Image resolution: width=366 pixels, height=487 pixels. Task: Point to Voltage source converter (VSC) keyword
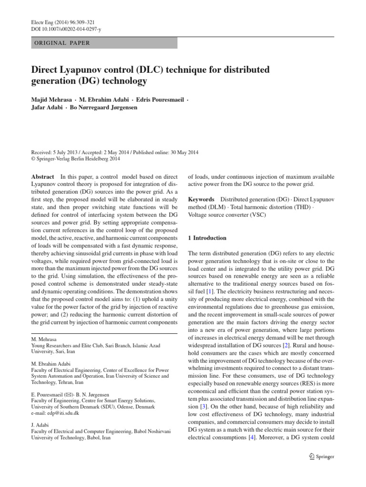227,214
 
